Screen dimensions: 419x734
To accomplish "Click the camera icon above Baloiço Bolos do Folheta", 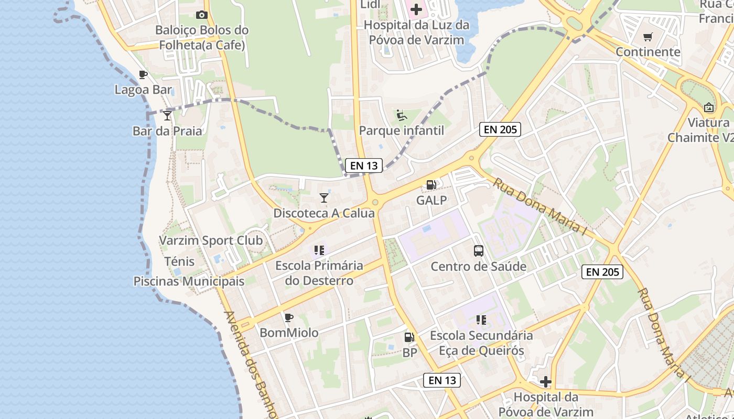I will pyautogui.click(x=201, y=15).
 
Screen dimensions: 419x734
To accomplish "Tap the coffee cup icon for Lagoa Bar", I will pyautogui.click(x=143, y=74).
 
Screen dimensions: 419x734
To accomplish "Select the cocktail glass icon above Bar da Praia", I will pyautogui.click(x=167, y=115).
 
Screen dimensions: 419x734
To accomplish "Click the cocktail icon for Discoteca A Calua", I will pyautogui.click(x=324, y=197).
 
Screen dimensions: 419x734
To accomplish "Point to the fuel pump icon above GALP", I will pyautogui.click(x=431, y=184).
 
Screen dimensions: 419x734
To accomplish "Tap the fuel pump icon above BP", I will pyautogui.click(x=409, y=337).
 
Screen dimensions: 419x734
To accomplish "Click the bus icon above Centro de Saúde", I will pyautogui.click(x=479, y=250).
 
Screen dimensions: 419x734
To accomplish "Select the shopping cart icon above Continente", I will pyautogui.click(x=648, y=37).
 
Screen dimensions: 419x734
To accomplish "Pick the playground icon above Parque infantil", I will pyautogui.click(x=402, y=115).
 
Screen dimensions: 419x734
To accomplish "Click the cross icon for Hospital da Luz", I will pyautogui.click(x=416, y=9).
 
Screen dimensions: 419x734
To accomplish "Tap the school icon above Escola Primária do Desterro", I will pyautogui.click(x=319, y=250).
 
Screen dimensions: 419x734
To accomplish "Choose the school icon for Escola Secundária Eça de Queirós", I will pyautogui.click(x=481, y=319).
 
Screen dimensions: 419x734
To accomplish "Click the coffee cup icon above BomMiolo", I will pyautogui.click(x=288, y=317).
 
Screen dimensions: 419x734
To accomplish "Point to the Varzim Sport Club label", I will pyautogui.click(x=211, y=241).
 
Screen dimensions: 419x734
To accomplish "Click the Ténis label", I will pyautogui.click(x=179, y=261).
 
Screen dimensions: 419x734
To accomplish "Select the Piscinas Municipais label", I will pyautogui.click(x=189, y=281).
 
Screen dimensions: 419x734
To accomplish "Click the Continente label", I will pyautogui.click(x=648, y=52).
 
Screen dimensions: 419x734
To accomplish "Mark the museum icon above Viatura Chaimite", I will pyautogui.click(x=709, y=107).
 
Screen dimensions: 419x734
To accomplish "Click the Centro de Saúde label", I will pyautogui.click(x=478, y=267).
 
